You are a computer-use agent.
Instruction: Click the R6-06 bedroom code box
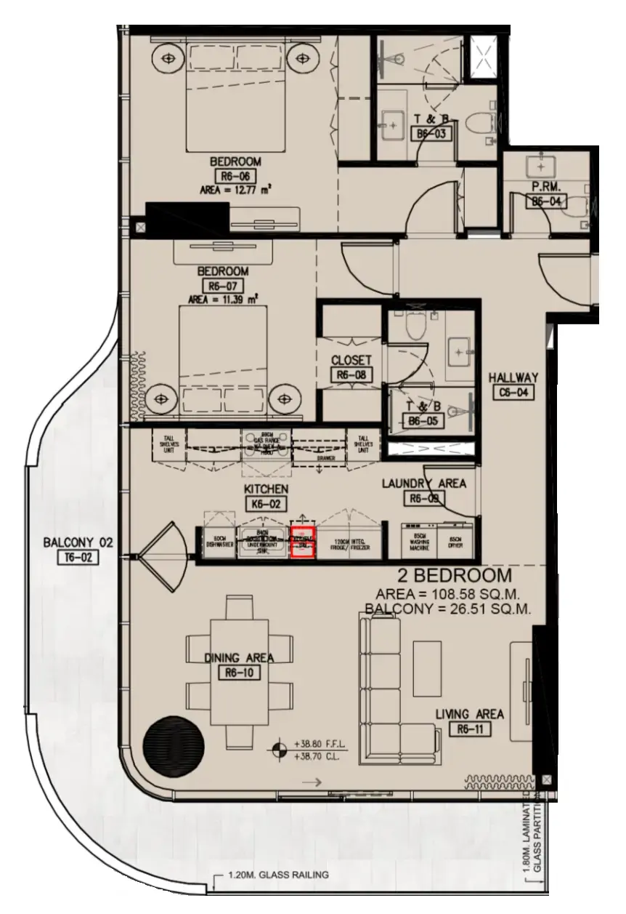(235, 177)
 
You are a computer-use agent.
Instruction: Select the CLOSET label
(351, 360)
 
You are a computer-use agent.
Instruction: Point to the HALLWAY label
(513, 377)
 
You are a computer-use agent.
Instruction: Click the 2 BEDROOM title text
(470, 577)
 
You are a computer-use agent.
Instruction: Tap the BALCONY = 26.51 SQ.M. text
(448, 609)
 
